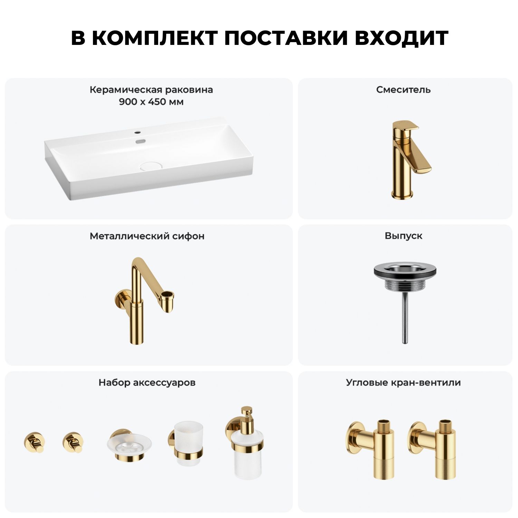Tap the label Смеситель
coord(403,90)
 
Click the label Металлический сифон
coord(147,236)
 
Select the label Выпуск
coord(403,236)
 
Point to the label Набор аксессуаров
coord(147,383)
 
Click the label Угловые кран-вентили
coord(403,383)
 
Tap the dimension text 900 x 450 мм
coord(151,102)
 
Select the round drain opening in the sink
coord(149,166)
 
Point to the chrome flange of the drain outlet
coord(403,271)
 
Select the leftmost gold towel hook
coord(34,442)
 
